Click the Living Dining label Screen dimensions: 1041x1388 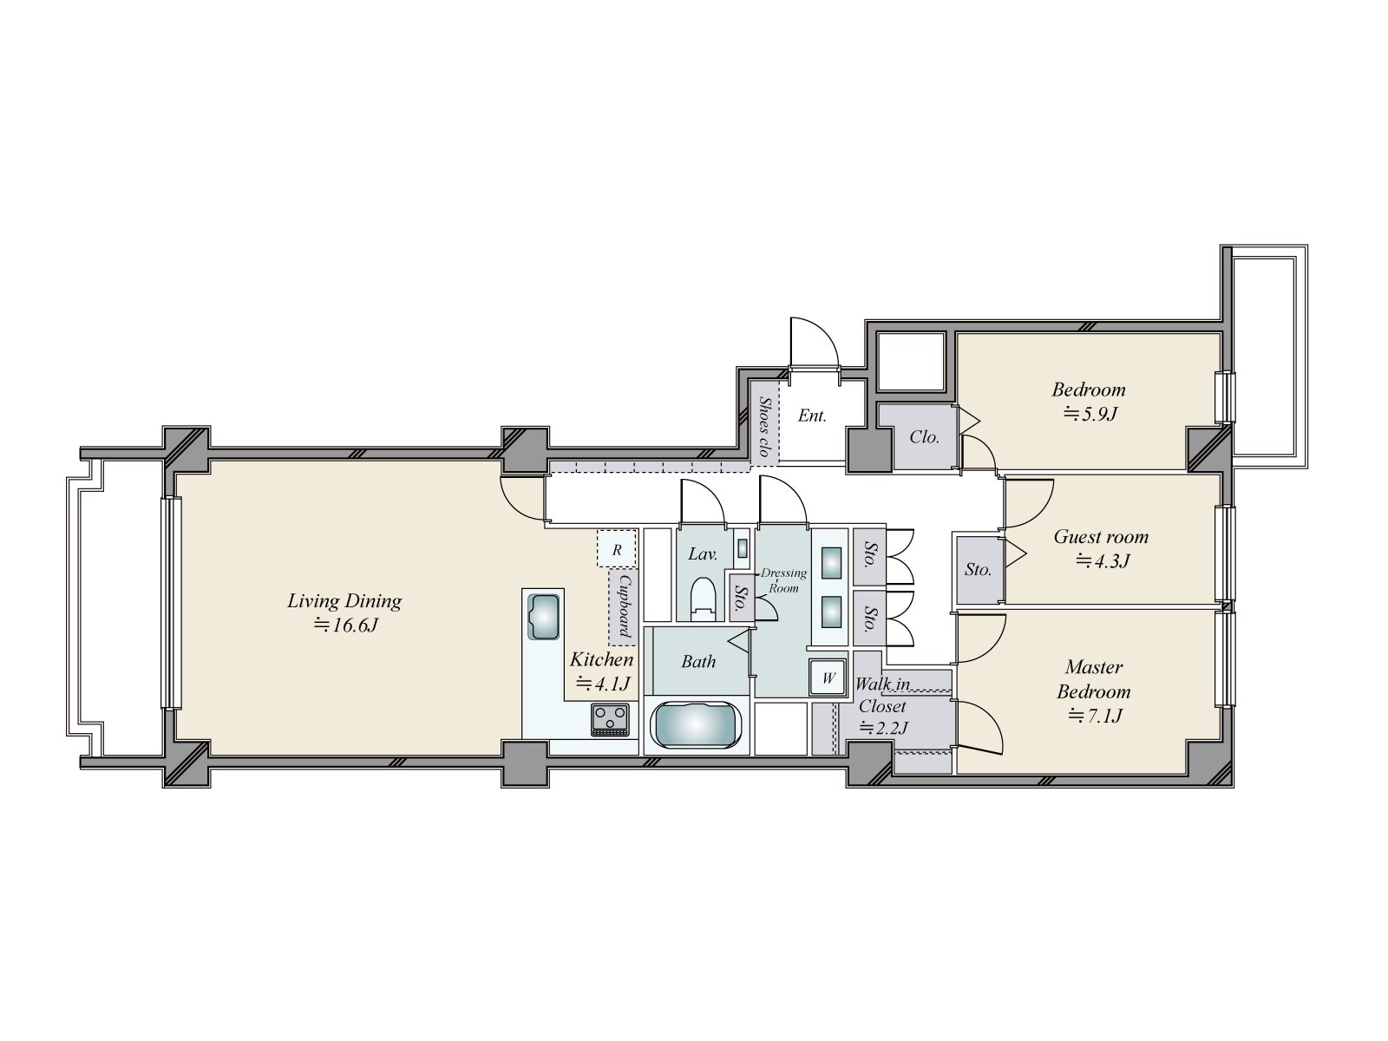(344, 600)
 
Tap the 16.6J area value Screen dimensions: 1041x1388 (344, 625)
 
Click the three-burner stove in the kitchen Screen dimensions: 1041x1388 (610, 720)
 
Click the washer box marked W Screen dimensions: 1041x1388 (828, 678)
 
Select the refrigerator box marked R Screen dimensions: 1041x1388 (617, 549)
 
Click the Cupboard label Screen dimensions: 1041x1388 (624, 606)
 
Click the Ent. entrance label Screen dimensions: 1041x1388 (812, 416)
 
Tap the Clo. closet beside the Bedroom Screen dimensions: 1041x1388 (924, 437)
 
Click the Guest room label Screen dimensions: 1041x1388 (1100, 537)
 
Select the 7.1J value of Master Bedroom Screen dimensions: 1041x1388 (1095, 717)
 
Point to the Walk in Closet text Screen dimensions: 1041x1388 (882, 695)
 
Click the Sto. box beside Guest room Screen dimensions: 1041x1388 (978, 570)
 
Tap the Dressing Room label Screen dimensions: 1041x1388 (782, 579)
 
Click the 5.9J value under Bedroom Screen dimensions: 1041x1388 (1090, 414)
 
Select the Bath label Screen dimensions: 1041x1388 (698, 662)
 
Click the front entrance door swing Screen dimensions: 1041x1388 (814, 347)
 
